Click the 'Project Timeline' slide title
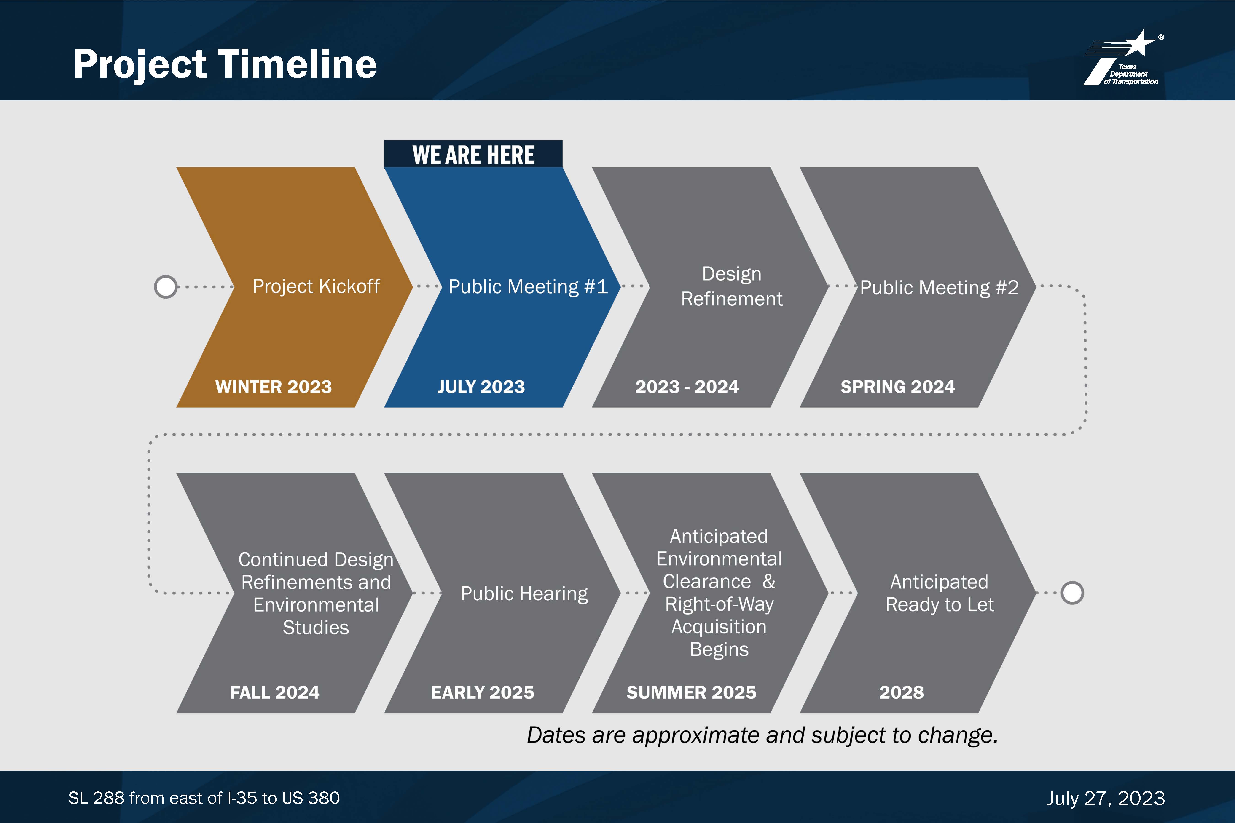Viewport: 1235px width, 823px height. point(225,64)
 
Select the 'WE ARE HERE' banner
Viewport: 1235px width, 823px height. point(473,154)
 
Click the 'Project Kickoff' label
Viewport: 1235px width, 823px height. point(316,287)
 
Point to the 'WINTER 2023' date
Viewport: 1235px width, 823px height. point(274,387)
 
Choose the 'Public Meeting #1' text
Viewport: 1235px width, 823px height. point(528,287)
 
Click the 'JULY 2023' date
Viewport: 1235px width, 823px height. point(481,387)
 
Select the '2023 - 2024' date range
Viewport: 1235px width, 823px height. point(687,387)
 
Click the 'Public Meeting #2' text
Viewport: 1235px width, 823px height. point(939,288)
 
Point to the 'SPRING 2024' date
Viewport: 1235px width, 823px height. point(898,387)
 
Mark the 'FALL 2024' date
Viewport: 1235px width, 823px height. point(275,692)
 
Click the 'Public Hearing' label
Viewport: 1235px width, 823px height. point(524,594)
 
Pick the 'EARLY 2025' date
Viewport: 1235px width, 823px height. point(483,692)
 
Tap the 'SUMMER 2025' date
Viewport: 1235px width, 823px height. point(692,692)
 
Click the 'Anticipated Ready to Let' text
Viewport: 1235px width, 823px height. point(939,593)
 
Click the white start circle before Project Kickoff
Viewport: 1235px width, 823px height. point(166,287)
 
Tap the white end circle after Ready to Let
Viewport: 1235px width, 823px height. point(1072,593)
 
